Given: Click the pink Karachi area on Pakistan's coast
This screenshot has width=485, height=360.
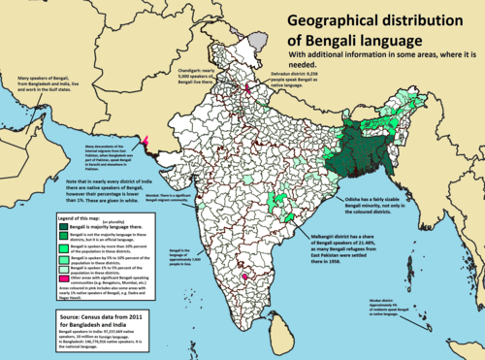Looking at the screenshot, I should click(x=146, y=144).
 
